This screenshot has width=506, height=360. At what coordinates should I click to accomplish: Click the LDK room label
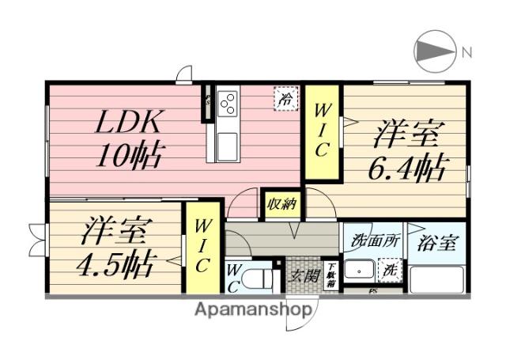130,123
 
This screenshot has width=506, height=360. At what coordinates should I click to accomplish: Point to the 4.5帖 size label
116,261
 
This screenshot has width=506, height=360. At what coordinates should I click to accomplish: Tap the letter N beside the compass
467,53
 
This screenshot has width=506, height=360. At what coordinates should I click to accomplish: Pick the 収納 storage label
281,204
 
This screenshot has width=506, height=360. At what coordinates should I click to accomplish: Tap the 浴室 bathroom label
437,243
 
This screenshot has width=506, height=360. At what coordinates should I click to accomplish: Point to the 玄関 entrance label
302,276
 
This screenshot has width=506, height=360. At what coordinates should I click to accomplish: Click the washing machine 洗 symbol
391,270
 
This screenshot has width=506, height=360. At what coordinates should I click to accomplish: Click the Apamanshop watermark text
253,309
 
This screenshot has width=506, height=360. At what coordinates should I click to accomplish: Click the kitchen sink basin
225,144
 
